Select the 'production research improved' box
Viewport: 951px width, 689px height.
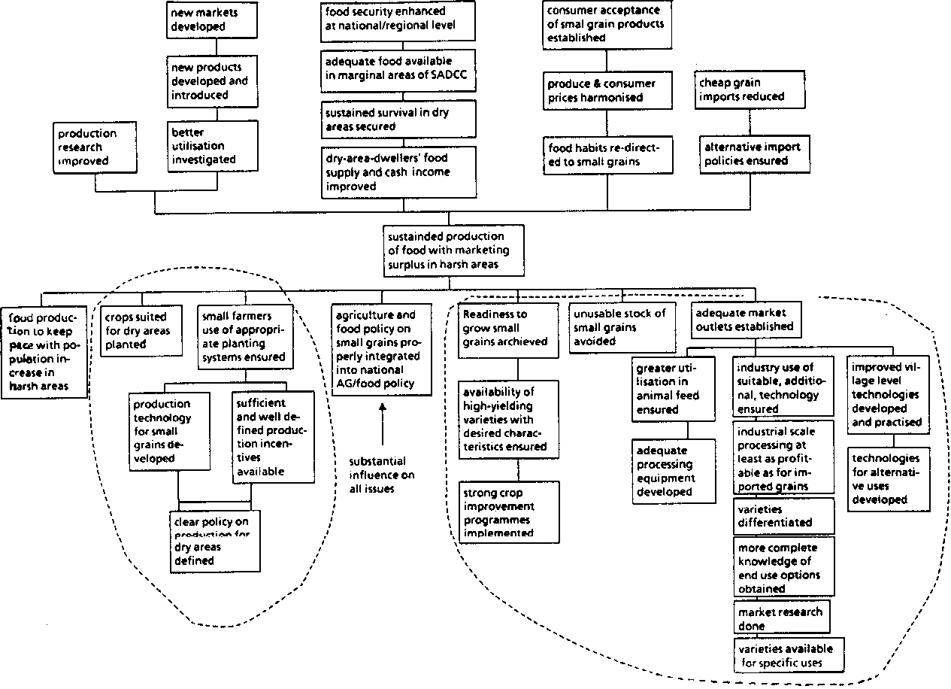click(95, 147)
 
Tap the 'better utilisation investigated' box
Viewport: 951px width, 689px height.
click(204, 145)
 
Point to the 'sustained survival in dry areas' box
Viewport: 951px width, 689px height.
click(399, 120)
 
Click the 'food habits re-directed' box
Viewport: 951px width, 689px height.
click(607, 154)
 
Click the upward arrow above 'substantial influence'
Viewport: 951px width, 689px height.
click(383, 425)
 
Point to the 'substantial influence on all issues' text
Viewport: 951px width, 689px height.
click(382, 475)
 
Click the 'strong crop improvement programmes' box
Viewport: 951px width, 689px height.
click(508, 511)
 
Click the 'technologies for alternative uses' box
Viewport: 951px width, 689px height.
click(888, 479)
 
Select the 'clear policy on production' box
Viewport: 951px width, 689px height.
click(215, 541)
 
